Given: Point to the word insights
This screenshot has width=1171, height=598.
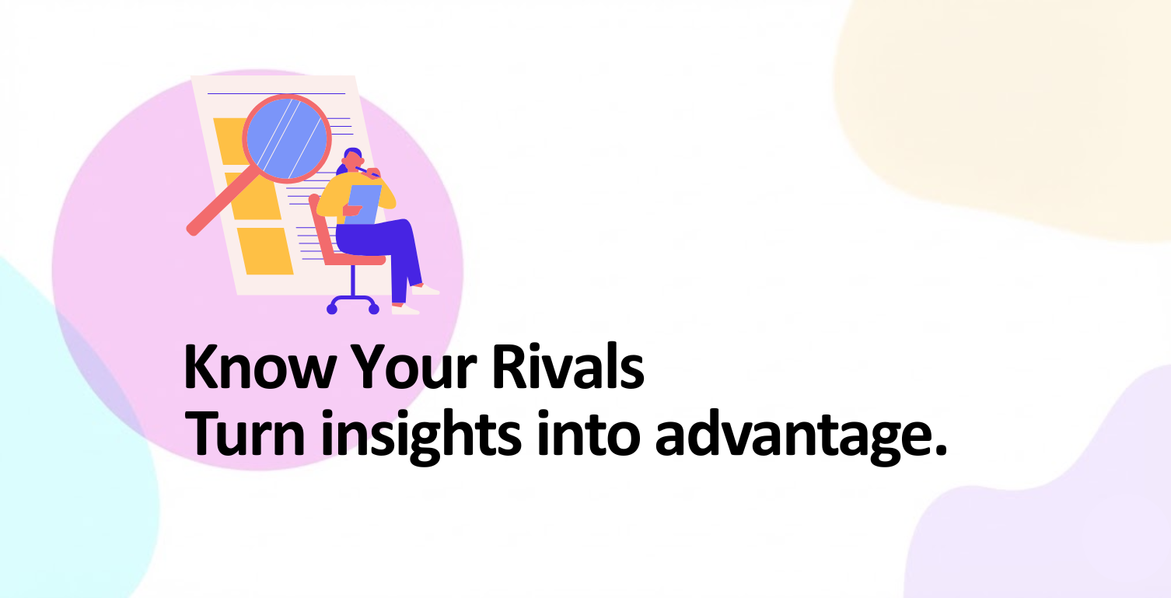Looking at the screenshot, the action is pyautogui.click(x=421, y=436).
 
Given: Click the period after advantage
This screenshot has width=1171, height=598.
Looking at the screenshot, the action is pyautogui.click(x=939, y=450).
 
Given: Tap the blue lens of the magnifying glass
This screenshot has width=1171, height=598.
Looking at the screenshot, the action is pyautogui.click(x=286, y=138).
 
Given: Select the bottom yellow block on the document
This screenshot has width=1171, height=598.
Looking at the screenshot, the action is pyautogui.click(x=265, y=251).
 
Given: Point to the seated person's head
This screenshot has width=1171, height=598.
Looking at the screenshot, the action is pyautogui.click(x=352, y=159).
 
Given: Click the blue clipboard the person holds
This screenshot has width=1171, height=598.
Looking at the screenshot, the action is pyautogui.click(x=363, y=205).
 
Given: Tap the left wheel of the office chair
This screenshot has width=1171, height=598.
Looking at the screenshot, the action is pyautogui.click(x=332, y=309).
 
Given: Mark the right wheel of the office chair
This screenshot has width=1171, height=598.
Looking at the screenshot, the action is pyautogui.click(x=374, y=309).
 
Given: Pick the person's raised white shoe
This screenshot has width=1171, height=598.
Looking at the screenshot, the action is pyautogui.click(x=425, y=289).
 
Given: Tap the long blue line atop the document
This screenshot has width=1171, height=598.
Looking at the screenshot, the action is pyautogui.click(x=277, y=93).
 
